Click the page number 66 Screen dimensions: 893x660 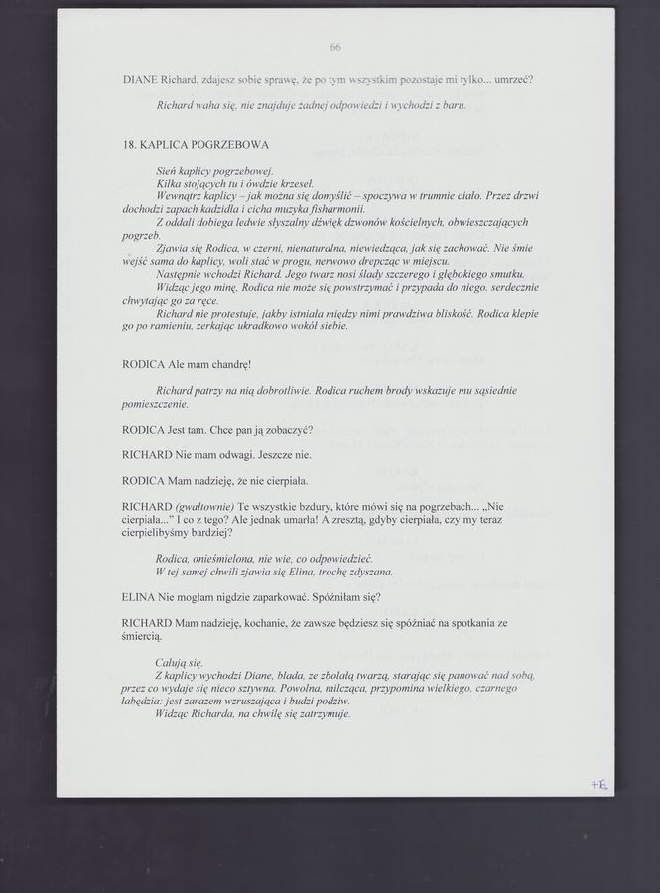click(334, 47)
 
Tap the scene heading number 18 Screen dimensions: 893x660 click(129, 145)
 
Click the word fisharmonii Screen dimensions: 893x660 click(338, 210)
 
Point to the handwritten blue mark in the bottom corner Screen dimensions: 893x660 click(598, 784)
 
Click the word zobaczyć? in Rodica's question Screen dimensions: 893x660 click(290, 430)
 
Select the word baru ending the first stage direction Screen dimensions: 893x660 click(454, 104)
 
